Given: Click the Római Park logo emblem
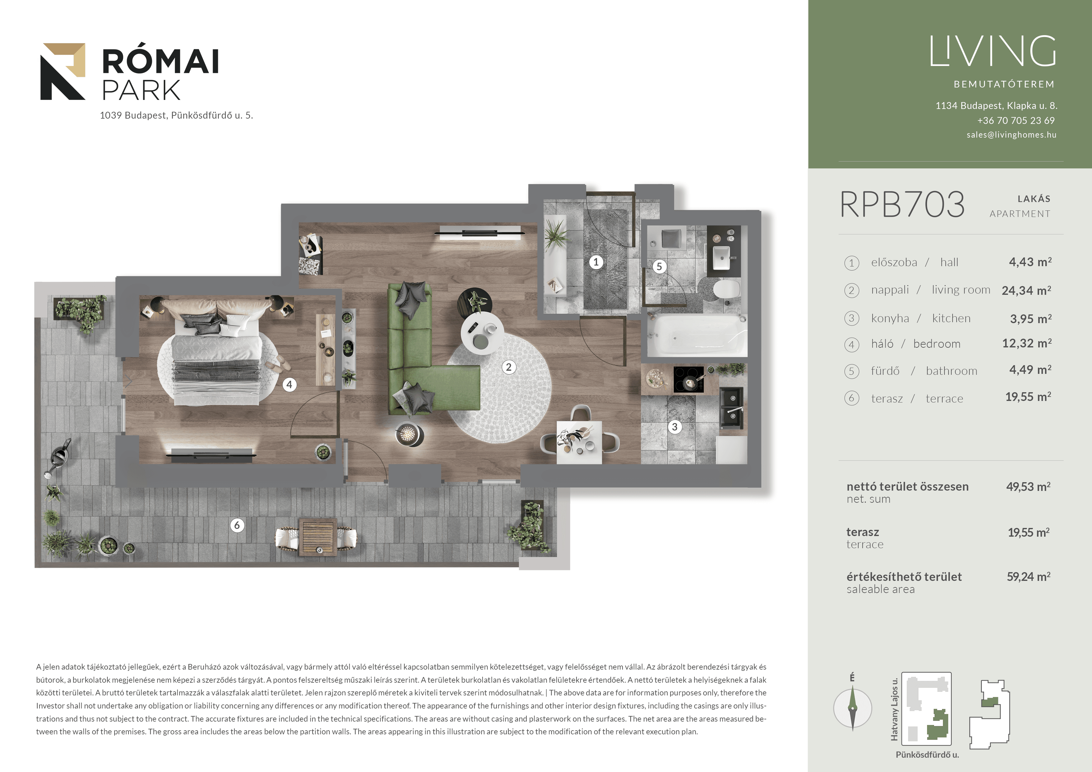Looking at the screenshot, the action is coord(63,71).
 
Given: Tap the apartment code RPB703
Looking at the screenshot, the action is coord(902,205).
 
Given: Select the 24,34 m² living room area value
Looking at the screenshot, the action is coord(1026,290).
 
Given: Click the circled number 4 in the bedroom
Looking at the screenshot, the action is coord(289,384).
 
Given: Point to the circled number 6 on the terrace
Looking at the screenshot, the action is coord(237,525).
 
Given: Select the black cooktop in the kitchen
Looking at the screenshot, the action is coord(688,379).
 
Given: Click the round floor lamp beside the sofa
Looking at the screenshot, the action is coord(408,434).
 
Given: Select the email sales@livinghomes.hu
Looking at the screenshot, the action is coord(1011,134).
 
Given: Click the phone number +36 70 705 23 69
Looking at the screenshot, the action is coord(1016,120).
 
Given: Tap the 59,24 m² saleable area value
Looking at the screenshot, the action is coord(1028,577).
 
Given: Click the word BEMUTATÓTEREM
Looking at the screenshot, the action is coord(1004,84).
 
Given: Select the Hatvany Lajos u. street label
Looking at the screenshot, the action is coord(894,709).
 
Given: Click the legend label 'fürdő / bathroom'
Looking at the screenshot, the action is coord(924,371).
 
